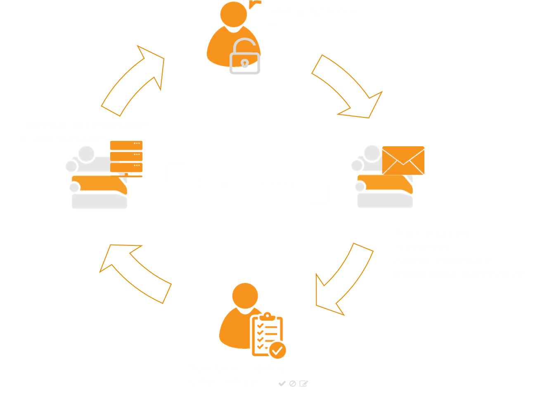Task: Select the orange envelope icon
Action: click(x=403, y=160)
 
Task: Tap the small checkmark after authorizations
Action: click(x=282, y=383)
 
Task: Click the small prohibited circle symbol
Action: click(x=293, y=383)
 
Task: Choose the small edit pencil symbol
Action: click(x=303, y=383)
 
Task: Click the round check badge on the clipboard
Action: click(x=277, y=350)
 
